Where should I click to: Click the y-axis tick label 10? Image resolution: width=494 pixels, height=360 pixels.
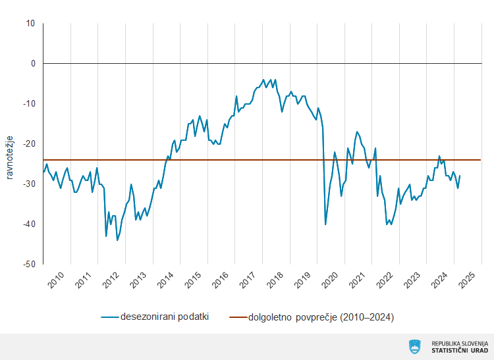(30, 24)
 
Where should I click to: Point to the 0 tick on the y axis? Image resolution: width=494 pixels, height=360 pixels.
(32, 64)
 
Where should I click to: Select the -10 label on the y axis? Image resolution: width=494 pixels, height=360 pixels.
(29, 104)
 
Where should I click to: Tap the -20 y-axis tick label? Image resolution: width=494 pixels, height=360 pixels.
(29, 144)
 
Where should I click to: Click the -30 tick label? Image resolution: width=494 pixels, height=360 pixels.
(29, 184)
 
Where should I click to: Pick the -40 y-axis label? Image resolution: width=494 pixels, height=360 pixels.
(29, 224)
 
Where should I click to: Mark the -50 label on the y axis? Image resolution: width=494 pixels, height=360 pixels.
(29, 265)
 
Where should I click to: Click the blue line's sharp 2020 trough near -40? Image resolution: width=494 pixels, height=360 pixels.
(325, 224)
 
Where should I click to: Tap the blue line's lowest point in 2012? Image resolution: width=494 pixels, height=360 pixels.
(117, 240)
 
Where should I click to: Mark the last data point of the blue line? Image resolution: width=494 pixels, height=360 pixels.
(460, 176)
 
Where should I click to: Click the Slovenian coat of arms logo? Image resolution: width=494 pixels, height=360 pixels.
(415, 346)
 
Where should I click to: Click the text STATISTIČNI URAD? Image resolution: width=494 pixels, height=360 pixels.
(460, 351)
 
